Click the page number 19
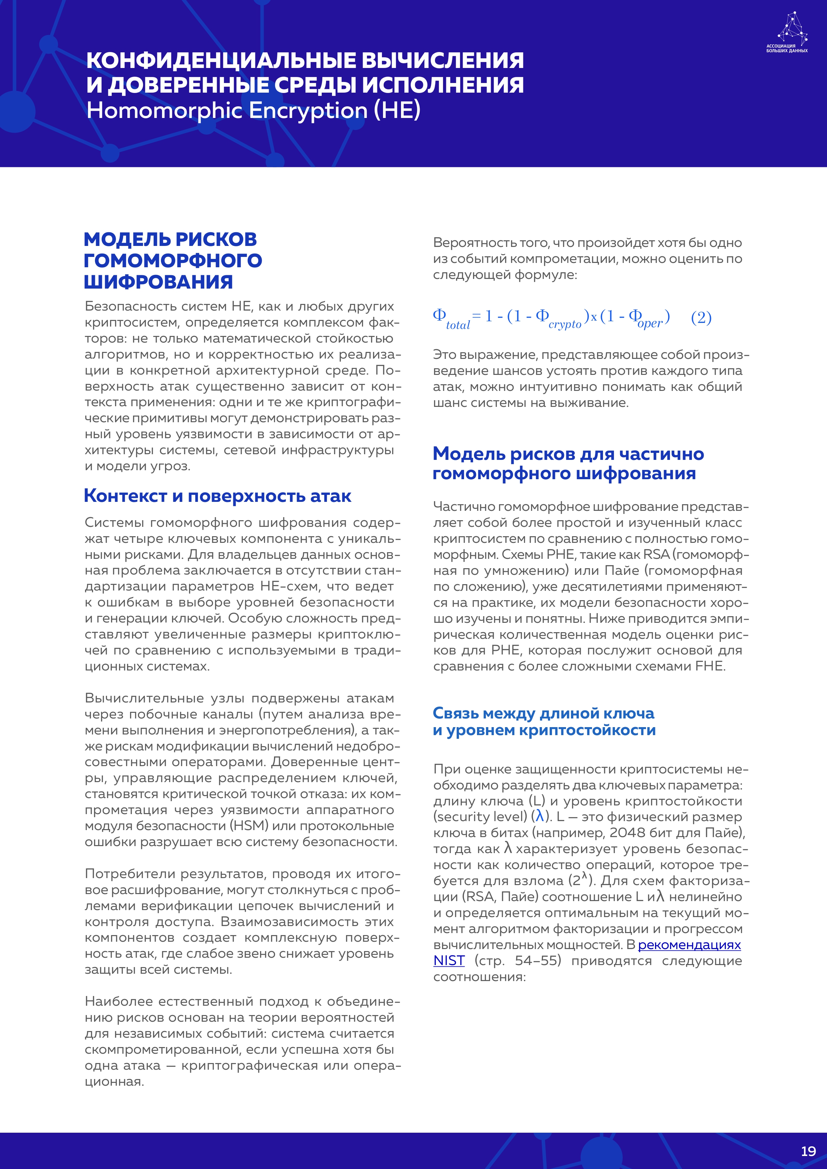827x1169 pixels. [808, 1151]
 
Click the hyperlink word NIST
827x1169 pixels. [449, 961]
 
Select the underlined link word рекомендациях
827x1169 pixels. [689, 945]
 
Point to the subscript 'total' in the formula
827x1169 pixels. [458, 325]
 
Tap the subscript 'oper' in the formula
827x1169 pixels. [650, 323]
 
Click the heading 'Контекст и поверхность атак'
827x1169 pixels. [217, 496]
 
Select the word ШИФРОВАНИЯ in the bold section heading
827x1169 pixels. [158, 282]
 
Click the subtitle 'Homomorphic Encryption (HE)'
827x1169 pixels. [253, 111]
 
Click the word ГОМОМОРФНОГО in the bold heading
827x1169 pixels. [173, 261]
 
